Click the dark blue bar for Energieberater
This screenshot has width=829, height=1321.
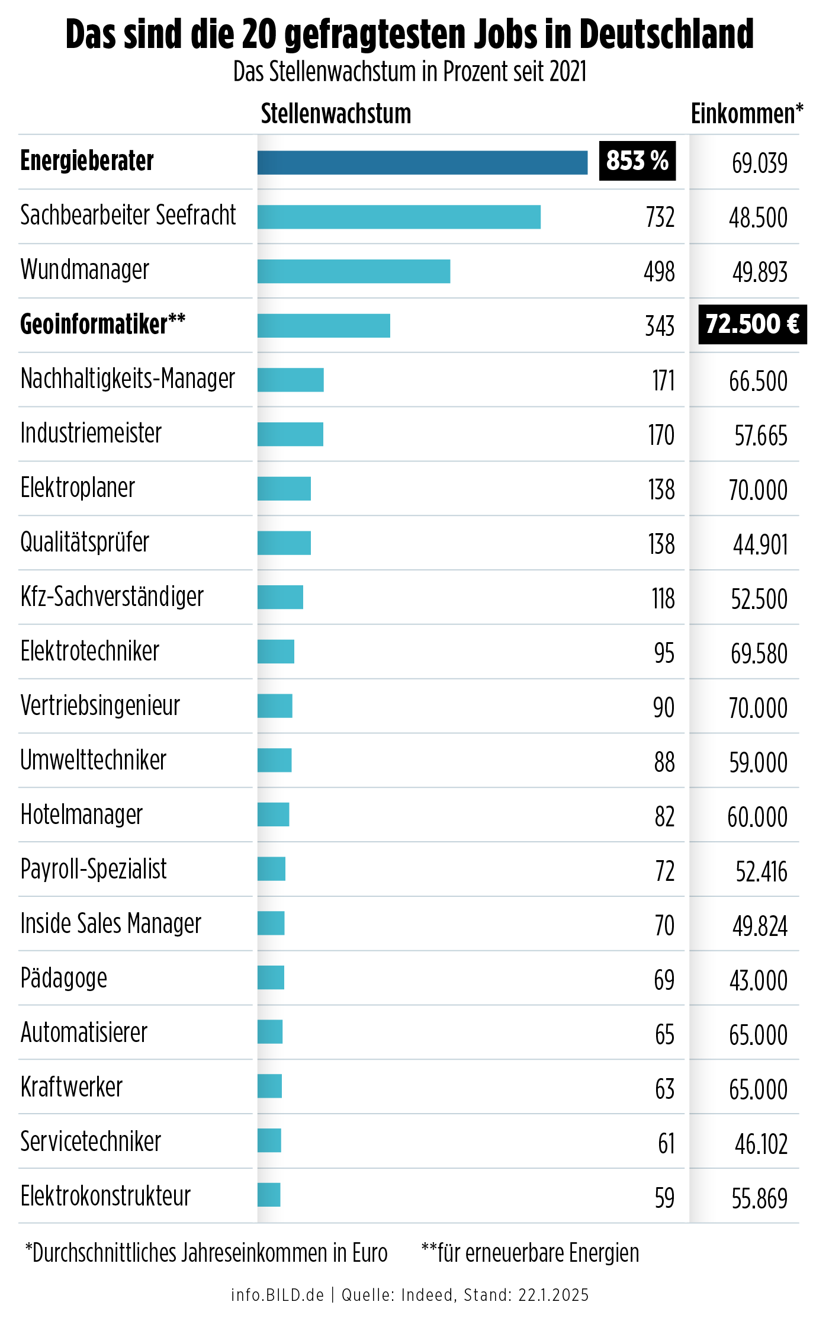[x=422, y=163]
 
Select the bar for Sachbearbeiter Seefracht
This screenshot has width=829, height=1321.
[x=399, y=217]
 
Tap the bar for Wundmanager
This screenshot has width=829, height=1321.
[x=354, y=271]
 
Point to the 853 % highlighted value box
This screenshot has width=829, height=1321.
[x=637, y=161]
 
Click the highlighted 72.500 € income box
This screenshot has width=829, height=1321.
[x=752, y=325]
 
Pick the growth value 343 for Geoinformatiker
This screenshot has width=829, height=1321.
[x=660, y=326]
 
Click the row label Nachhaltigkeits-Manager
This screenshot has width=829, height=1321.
[x=128, y=379]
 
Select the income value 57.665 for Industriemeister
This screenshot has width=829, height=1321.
[x=761, y=436]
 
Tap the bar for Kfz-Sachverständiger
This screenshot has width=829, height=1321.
[x=280, y=597]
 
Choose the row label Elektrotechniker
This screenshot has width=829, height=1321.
[x=90, y=652]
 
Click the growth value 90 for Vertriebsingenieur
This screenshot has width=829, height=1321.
[x=664, y=708]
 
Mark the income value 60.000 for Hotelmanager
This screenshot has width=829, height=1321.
[x=758, y=817]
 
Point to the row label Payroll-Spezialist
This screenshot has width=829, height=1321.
[x=94, y=870]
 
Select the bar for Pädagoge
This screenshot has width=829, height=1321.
[x=271, y=977]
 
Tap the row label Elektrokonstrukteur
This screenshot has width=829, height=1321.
[x=105, y=1197]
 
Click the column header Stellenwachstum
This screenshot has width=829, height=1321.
[x=336, y=114]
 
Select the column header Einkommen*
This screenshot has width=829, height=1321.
[x=747, y=114]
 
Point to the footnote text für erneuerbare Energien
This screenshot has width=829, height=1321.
[x=538, y=1253]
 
